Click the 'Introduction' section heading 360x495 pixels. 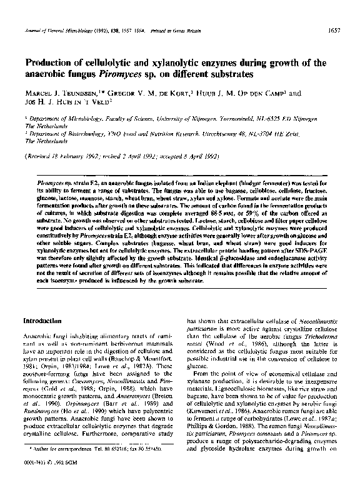(x=44, y=320)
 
